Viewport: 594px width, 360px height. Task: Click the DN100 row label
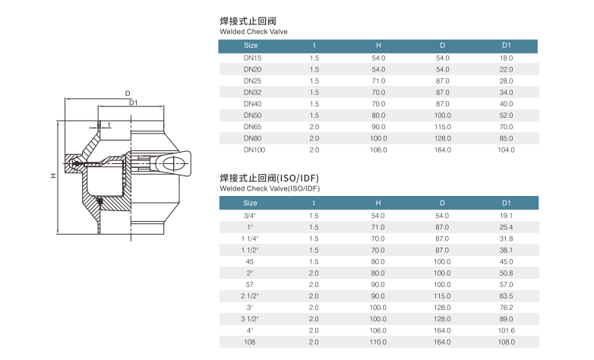click(x=254, y=150)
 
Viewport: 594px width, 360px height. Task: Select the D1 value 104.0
click(x=506, y=150)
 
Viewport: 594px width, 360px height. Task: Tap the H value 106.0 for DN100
click(x=378, y=150)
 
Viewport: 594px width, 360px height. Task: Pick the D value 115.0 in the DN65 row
click(x=443, y=127)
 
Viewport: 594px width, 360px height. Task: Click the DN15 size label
click(x=252, y=58)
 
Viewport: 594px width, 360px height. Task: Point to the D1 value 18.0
click(x=506, y=58)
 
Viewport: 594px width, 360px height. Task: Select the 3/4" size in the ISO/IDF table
click(x=250, y=216)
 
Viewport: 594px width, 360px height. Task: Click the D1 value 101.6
click(x=506, y=330)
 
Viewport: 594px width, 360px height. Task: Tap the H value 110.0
click(x=378, y=343)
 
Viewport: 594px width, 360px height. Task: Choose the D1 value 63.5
click(x=506, y=296)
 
